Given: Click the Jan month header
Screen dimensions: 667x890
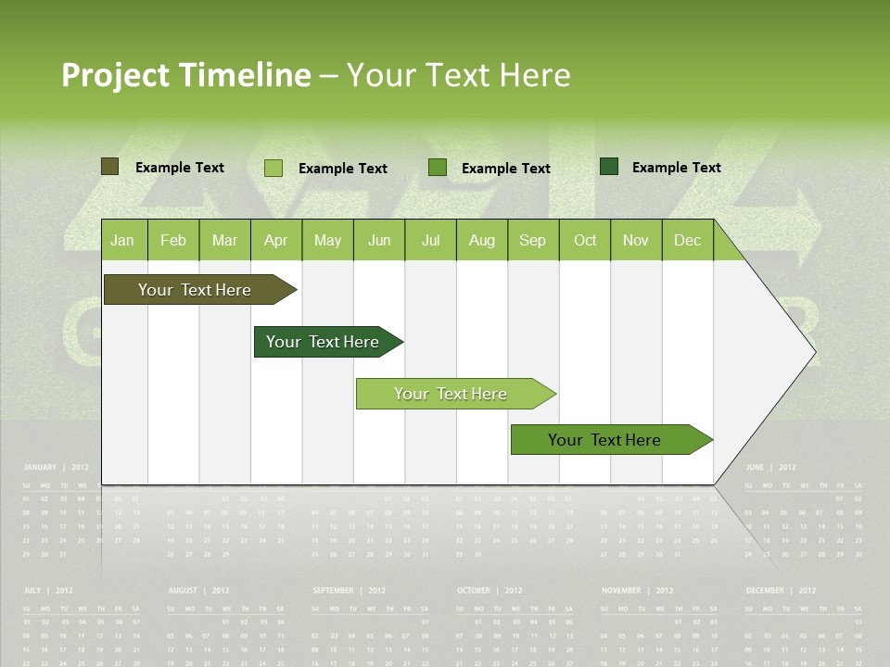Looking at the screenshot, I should click(x=122, y=241).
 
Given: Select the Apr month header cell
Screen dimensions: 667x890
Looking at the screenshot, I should click(x=275, y=241).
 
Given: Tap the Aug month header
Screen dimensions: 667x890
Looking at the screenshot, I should click(x=481, y=241).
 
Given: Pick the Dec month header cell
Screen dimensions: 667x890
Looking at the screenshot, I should click(x=687, y=241).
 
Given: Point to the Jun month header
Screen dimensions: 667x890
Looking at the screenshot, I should click(x=379, y=241).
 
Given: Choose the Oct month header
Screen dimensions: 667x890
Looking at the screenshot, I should click(x=585, y=241).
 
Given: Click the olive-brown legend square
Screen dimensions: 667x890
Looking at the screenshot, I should click(x=109, y=167).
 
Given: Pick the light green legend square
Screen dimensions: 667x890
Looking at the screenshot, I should click(x=273, y=168).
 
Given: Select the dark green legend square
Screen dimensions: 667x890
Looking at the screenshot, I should click(x=609, y=167).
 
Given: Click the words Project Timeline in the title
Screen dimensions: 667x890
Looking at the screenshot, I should click(x=185, y=75).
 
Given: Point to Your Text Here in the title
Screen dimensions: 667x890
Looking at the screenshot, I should click(x=458, y=75).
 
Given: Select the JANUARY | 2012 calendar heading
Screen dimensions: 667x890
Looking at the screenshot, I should click(x=56, y=468).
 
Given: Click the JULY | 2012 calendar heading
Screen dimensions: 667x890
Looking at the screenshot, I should click(x=48, y=590).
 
